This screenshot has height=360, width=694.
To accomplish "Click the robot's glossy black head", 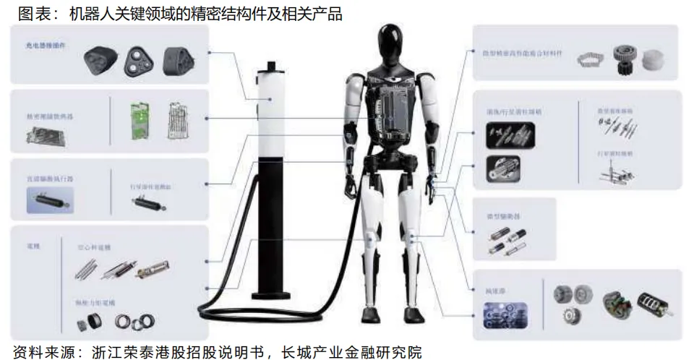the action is pos(394,43).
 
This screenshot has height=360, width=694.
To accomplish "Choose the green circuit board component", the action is pos(137,119).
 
